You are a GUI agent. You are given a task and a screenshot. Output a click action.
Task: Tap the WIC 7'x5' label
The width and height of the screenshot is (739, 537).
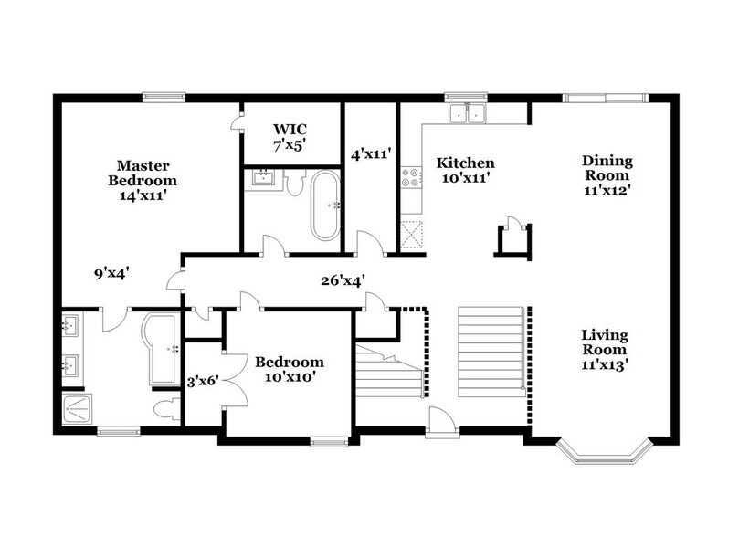pyautogui.click(x=290, y=136)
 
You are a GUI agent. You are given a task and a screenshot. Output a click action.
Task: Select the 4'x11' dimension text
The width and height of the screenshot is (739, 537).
pyautogui.click(x=370, y=155)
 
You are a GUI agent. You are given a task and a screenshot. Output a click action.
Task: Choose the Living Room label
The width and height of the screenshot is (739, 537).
pyautogui.click(x=604, y=350)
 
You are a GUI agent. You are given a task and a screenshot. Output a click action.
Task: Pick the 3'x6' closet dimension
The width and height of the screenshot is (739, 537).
pyautogui.click(x=202, y=382)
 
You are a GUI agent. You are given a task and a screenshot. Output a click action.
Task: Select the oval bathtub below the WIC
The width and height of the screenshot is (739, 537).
pyautogui.click(x=324, y=205)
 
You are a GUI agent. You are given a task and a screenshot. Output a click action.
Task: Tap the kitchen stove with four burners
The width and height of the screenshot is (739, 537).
pyautogui.click(x=409, y=174)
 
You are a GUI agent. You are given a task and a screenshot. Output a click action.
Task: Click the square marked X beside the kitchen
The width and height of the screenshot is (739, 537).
pyautogui.click(x=412, y=234)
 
